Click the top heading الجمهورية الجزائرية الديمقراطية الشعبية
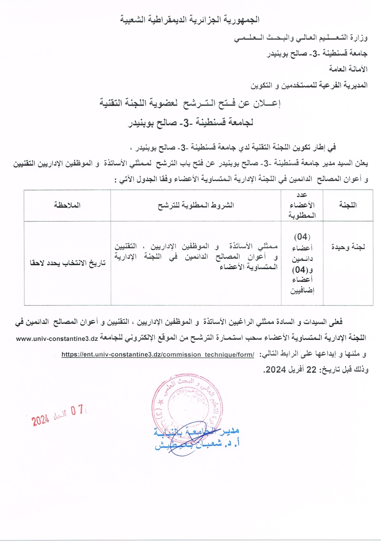tap(190, 19)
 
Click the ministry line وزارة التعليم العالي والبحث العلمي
tap(301, 38)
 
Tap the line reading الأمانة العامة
tap(348, 69)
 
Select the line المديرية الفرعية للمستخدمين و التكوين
tap(309, 85)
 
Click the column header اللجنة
tap(347, 205)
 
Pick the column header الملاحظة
tap(67, 205)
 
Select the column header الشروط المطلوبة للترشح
tap(196, 205)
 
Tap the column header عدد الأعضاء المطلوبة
tap(303, 205)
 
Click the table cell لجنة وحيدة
tap(347, 247)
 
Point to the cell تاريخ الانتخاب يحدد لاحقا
tap(67, 263)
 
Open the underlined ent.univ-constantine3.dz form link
tap(158, 354)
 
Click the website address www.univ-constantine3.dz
tap(57, 338)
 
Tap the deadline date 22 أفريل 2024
tap(293, 369)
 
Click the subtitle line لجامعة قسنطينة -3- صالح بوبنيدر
tap(190, 123)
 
